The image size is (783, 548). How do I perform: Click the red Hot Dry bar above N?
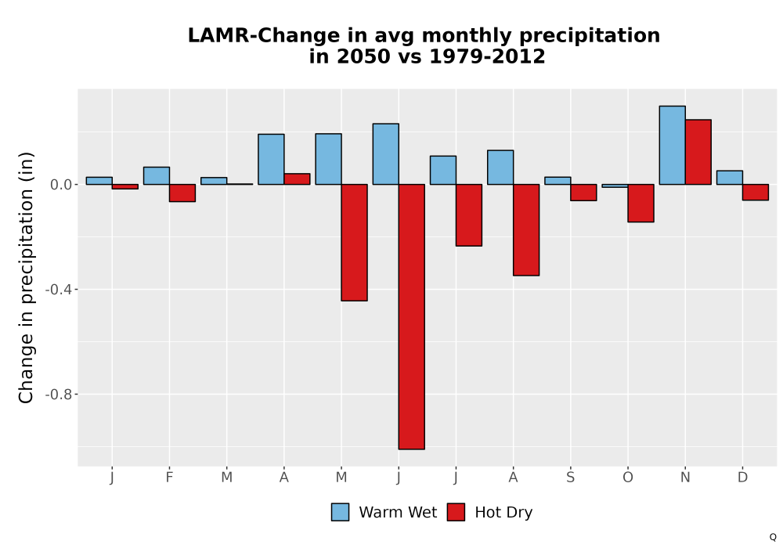point(698,152)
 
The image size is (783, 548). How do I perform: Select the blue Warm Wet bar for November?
point(672,146)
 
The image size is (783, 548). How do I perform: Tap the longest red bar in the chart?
point(412,317)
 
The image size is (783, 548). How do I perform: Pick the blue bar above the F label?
point(157,175)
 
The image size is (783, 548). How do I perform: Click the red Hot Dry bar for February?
point(182,193)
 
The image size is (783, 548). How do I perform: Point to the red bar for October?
point(640,203)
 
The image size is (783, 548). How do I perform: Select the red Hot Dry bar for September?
point(583,193)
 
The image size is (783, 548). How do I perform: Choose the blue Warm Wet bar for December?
point(730,178)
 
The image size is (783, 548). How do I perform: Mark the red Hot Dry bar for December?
point(756,192)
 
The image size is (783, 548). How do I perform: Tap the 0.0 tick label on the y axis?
point(61,185)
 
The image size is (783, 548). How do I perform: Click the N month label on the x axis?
point(685,478)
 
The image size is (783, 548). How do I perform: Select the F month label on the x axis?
point(169,478)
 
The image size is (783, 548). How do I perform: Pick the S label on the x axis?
point(570,478)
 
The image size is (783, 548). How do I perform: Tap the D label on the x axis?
point(742,478)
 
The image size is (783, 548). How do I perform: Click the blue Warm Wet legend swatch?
point(340,512)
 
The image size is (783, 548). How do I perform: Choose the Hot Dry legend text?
point(503,513)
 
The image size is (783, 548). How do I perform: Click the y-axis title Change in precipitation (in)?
point(26,277)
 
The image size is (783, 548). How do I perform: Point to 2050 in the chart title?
point(363,56)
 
